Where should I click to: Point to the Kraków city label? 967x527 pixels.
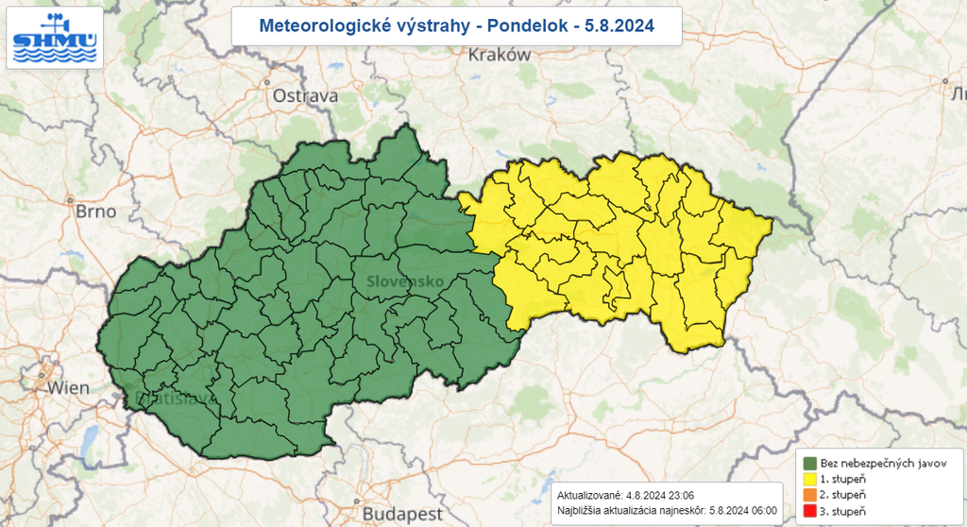point(500,55)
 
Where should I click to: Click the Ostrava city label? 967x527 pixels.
point(305,95)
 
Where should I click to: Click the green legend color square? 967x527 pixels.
point(810,463)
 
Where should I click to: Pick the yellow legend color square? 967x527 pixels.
point(810,479)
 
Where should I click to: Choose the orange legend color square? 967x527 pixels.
point(810,495)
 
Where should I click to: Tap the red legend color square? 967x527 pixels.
point(810,511)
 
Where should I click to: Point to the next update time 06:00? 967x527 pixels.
point(763,510)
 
